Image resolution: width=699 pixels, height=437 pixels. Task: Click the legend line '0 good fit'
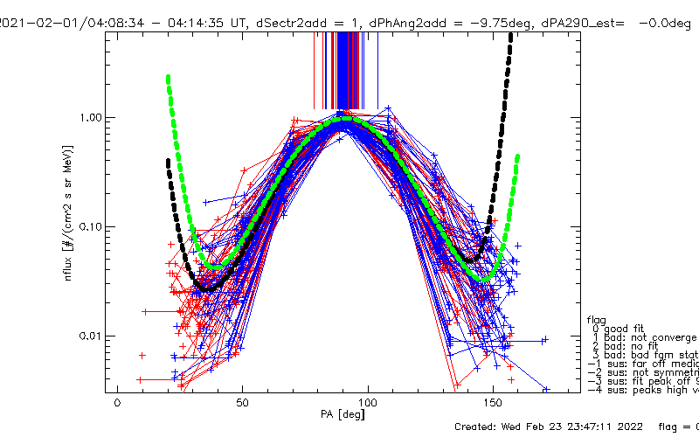tap(626, 328)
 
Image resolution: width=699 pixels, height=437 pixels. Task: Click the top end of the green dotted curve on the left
tap(168, 78)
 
